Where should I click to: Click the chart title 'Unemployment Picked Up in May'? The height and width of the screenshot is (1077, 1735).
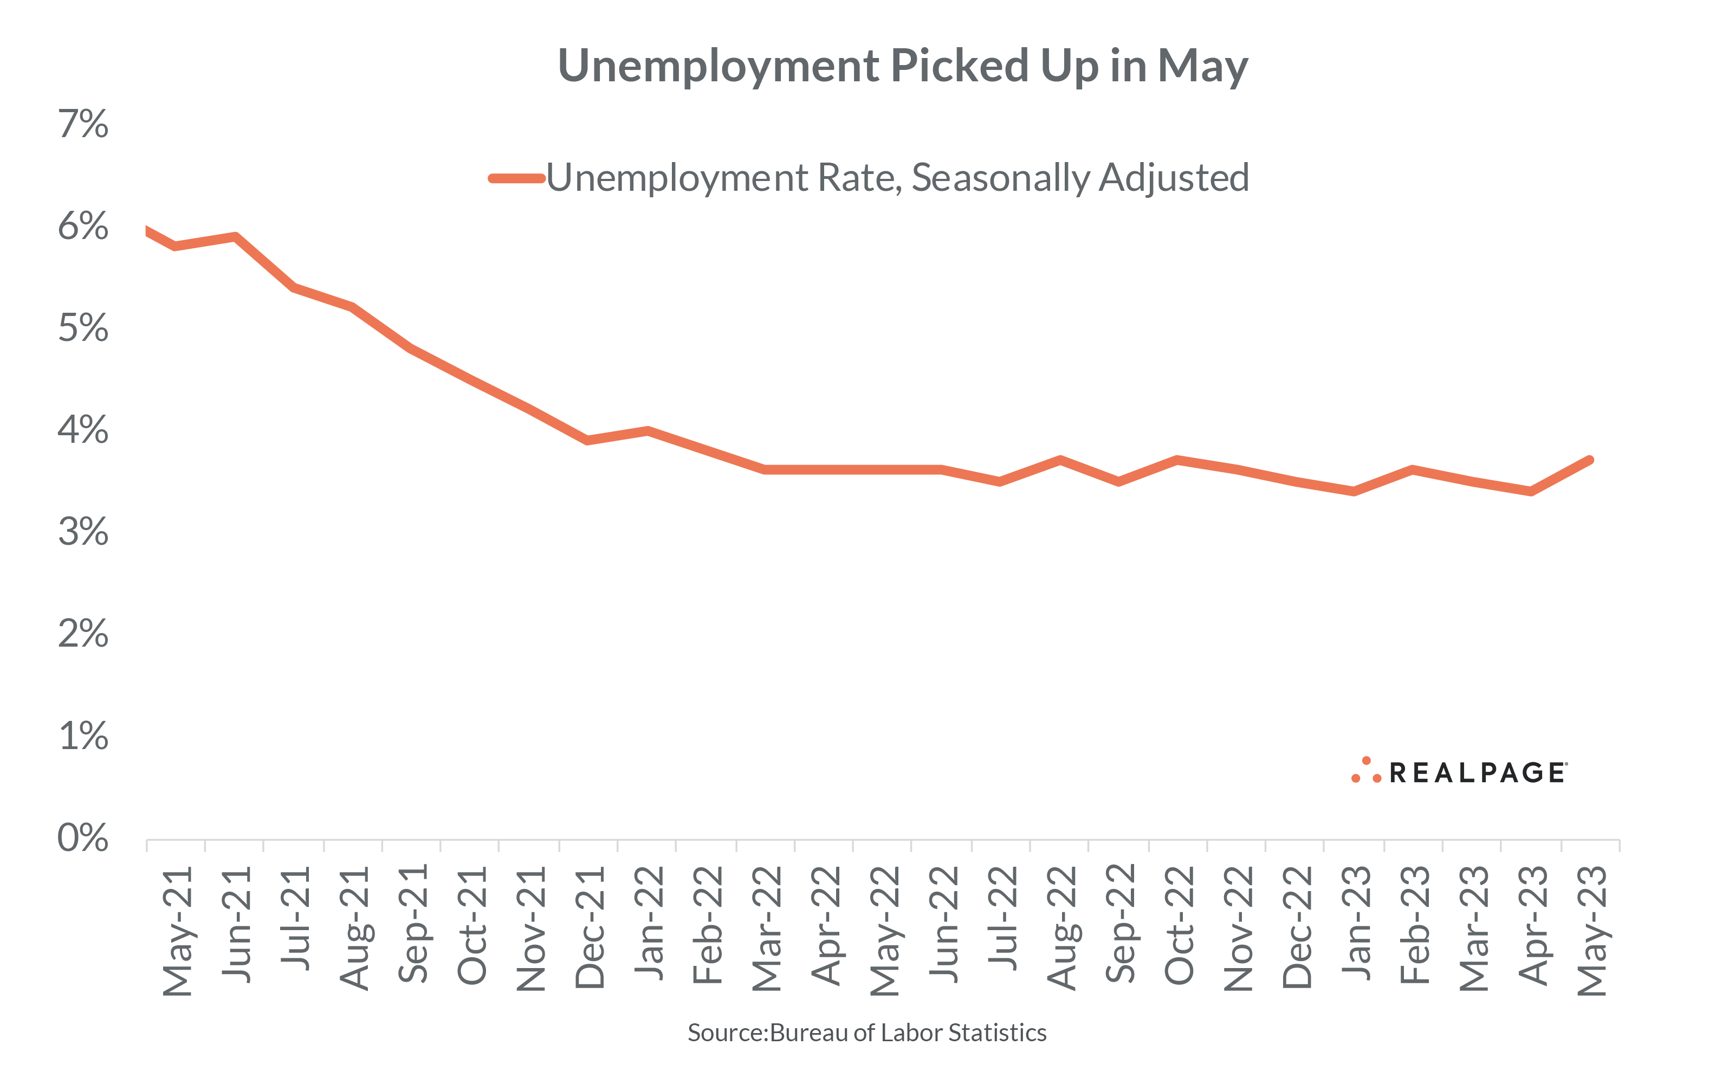point(902,66)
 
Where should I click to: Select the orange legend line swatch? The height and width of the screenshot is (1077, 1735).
point(516,178)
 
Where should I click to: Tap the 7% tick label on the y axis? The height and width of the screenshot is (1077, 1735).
point(83,124)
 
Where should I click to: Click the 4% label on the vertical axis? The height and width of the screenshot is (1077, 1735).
point(83,430)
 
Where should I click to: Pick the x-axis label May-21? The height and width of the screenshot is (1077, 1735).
point(177,931)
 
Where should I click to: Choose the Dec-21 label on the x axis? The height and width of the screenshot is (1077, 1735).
point(590,927)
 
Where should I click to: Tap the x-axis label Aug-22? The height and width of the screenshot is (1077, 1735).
point(1061,928)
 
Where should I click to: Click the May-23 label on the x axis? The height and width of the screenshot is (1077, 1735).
point(1592,931)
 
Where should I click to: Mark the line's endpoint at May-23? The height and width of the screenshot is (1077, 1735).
point(1589,460)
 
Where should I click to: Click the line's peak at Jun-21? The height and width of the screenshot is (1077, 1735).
point(235,236)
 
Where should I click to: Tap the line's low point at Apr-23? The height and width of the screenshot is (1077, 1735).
point(1531,491)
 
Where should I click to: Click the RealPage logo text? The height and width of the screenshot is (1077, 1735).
point(1477,773)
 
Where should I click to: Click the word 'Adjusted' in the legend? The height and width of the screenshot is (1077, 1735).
point(1173,178)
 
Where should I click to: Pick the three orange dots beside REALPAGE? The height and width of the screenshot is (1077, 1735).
point(1366,771)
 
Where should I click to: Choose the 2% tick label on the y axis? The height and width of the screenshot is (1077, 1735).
point(83,634)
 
